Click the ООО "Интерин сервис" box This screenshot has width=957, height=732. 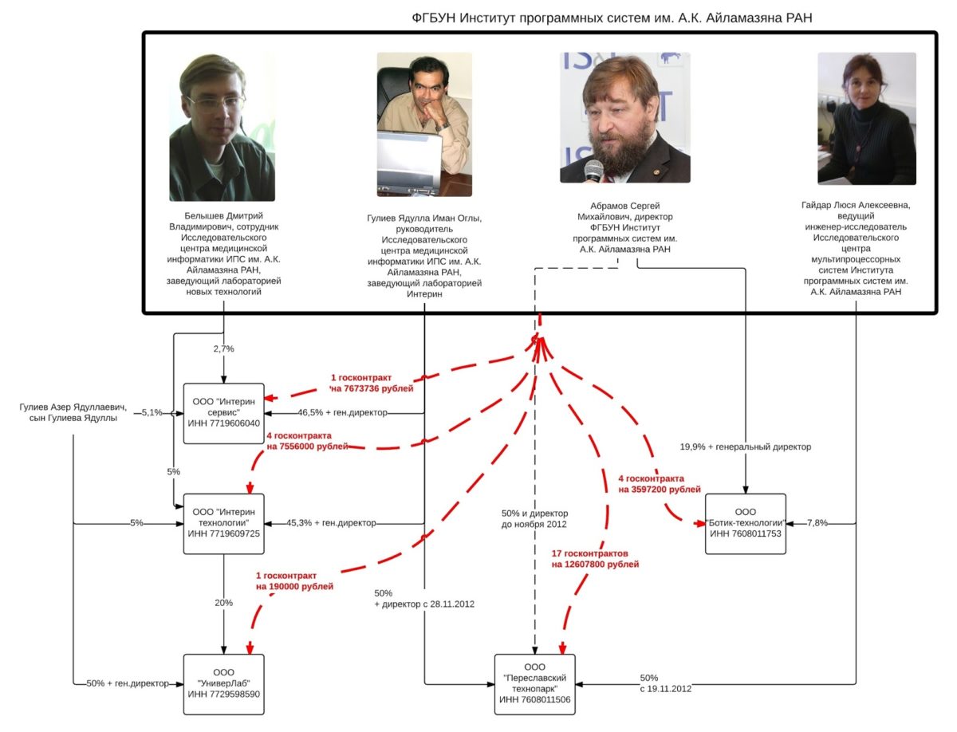[223, 414]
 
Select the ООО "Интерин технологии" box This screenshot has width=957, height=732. [223, 523]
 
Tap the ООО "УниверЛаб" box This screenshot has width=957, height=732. [223, 683]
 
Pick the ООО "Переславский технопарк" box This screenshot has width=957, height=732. [534, 683]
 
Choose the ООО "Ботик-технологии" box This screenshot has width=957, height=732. [746, 523]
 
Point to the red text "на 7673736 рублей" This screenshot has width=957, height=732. [372, 388]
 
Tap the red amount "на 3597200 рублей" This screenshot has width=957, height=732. [660, 490]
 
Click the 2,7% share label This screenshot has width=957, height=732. [223, 348]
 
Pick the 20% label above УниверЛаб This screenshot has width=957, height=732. [223, 603]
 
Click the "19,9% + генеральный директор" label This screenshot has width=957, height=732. [745, 447]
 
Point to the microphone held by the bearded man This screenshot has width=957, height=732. [593, 170]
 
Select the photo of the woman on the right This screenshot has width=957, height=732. [866, 119]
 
